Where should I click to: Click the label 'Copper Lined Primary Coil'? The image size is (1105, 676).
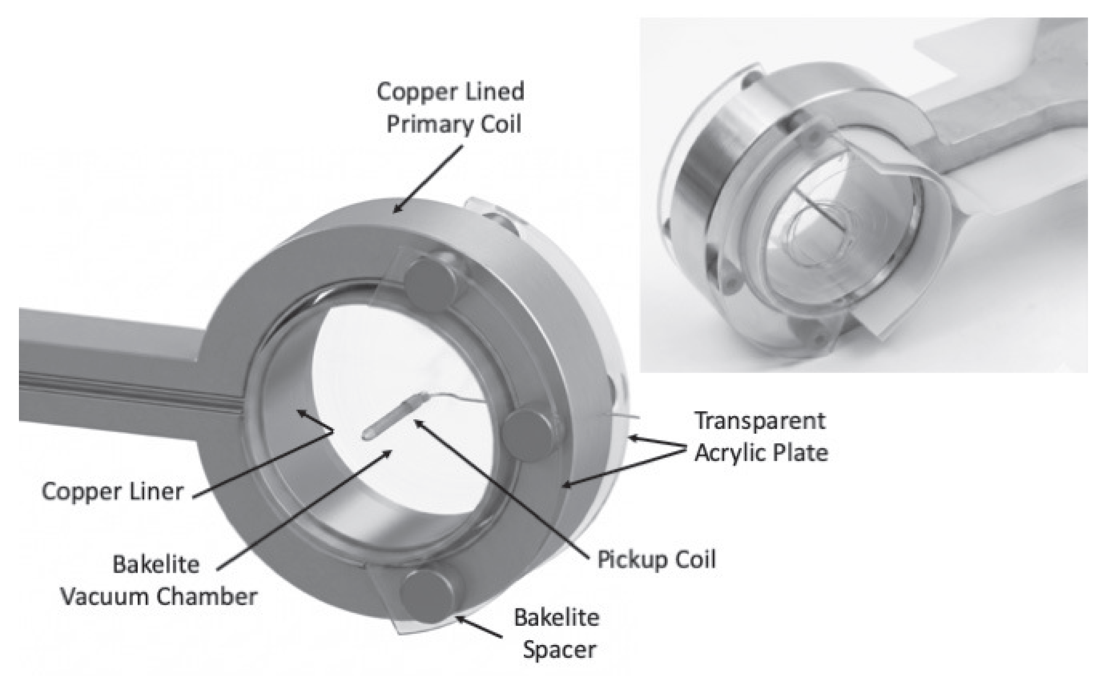tap(451, 108)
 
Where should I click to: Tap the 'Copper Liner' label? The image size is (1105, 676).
tap(112, 492)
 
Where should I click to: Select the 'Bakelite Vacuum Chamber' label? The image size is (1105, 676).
tap(159, 581)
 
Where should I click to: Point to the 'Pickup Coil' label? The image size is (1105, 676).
tap(657, 560)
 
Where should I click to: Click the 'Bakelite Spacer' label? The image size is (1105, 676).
tap(557, 634)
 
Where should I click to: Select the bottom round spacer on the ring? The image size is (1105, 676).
tap(426, 595)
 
